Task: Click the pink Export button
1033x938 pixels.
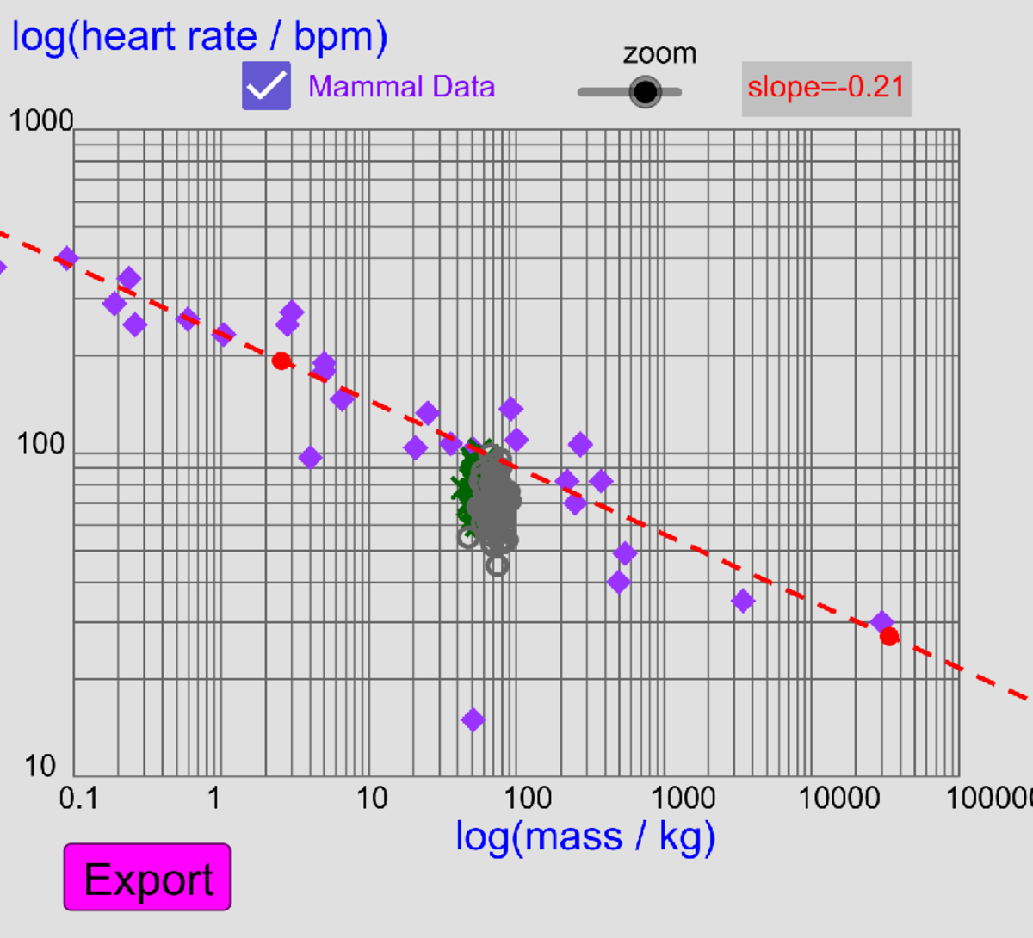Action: pyautogui.click(x=147, y=877)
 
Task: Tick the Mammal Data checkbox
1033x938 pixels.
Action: pyautogui.click(x=266, y=86)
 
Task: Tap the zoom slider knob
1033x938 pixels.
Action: pyautogui.click(x=644, y=91)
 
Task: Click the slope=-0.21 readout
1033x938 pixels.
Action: pyautogui.click(x=826, y=88)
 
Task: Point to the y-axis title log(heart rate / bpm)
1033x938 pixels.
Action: pyautogui.click(x=200, y=36)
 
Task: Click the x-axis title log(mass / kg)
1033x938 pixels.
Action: pyautogui.click(x=585, y=836)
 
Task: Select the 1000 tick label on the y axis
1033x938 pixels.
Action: pyautogui.click(x=40, y=120)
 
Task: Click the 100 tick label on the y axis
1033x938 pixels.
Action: pyautogui.click(x=40, y=444)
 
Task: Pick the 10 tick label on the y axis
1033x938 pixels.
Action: pyautogui.click(x=40, y=765)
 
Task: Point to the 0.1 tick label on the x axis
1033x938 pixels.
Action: pyautogui.click(x=78, y=798)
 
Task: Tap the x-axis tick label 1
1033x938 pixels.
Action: pyautogui.click(x=213, y=798)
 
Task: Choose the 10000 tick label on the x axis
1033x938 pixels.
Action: pyautogui.click(x=839, y=798)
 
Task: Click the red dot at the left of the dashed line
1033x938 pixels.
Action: pyautogui.click(x=281, y=361)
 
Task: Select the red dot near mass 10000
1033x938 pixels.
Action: pyautogui.click(x=889, y=637)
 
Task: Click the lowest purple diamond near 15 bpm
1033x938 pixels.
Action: pyautogui.click(x=473, y=719)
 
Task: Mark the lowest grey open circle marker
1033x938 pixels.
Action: pyautogui.click(x=497, y=565)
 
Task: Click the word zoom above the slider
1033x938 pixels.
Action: pyautogui.click(x=659, y=53)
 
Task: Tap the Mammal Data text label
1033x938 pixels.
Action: pyautogui.click(x=401, y=87)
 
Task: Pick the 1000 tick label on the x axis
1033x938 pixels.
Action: pyautogui.click(x=683, y=798)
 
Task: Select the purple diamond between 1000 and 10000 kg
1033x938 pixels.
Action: pyautogui.click(x=743, y=602)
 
